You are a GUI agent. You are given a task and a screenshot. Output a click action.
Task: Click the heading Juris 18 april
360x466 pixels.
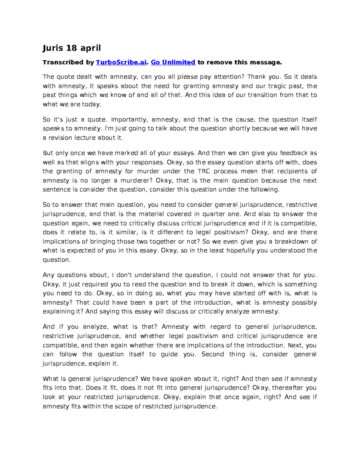[x=72, y=48]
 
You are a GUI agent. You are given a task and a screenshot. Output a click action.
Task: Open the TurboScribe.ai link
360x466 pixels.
[x=121, y=62]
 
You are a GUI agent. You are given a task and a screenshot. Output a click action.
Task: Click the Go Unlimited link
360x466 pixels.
[x=173, y=62]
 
